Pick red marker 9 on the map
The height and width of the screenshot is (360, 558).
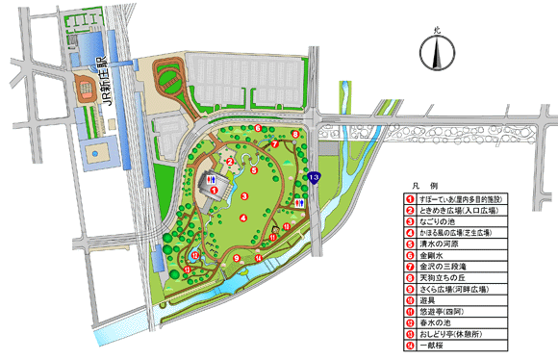[237, 258]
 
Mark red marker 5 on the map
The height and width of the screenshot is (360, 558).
[254, 169]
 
